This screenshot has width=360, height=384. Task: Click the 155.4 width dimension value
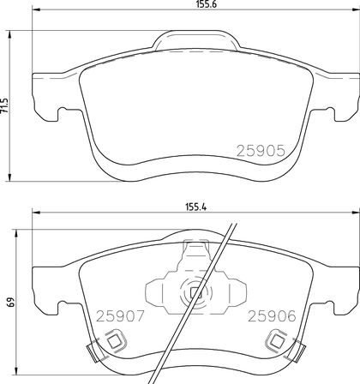tap(196, 207)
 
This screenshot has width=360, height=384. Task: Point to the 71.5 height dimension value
tap(5, 105)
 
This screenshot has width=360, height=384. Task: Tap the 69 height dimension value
tap(11, 302)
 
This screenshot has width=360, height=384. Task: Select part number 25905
tap(261, 151)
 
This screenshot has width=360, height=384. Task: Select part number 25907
tap(120, 316)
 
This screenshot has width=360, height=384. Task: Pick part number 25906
tap(272, 316)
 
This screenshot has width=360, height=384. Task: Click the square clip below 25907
tap(115, 341)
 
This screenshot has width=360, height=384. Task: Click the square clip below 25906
tap(277, 340)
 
